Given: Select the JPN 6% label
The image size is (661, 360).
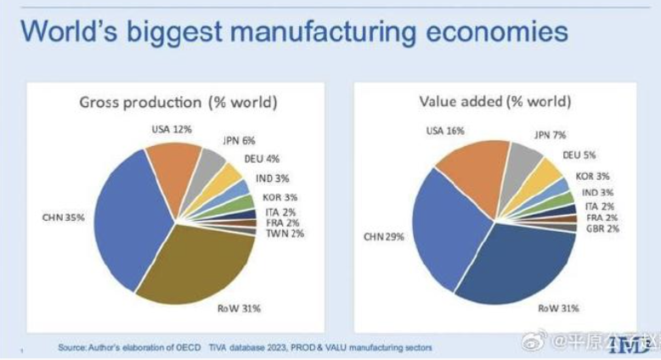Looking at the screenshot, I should coord(239,140).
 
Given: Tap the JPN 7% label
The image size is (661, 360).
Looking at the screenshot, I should coord(551,135).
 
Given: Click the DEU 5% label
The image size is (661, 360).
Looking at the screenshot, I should coord(580,155).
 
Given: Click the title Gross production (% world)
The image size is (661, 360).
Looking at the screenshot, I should coord(178,103).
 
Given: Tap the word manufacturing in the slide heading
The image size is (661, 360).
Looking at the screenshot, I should coord(336,33).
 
